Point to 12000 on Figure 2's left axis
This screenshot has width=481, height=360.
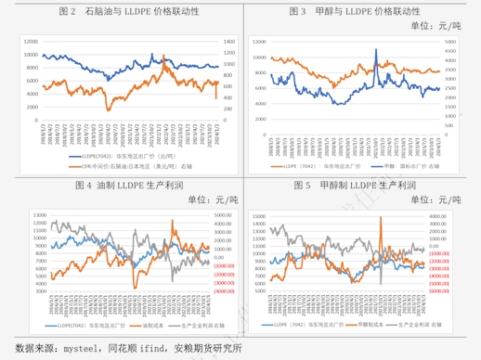coord(31,43)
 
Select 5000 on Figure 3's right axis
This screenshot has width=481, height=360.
coord(454,43)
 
